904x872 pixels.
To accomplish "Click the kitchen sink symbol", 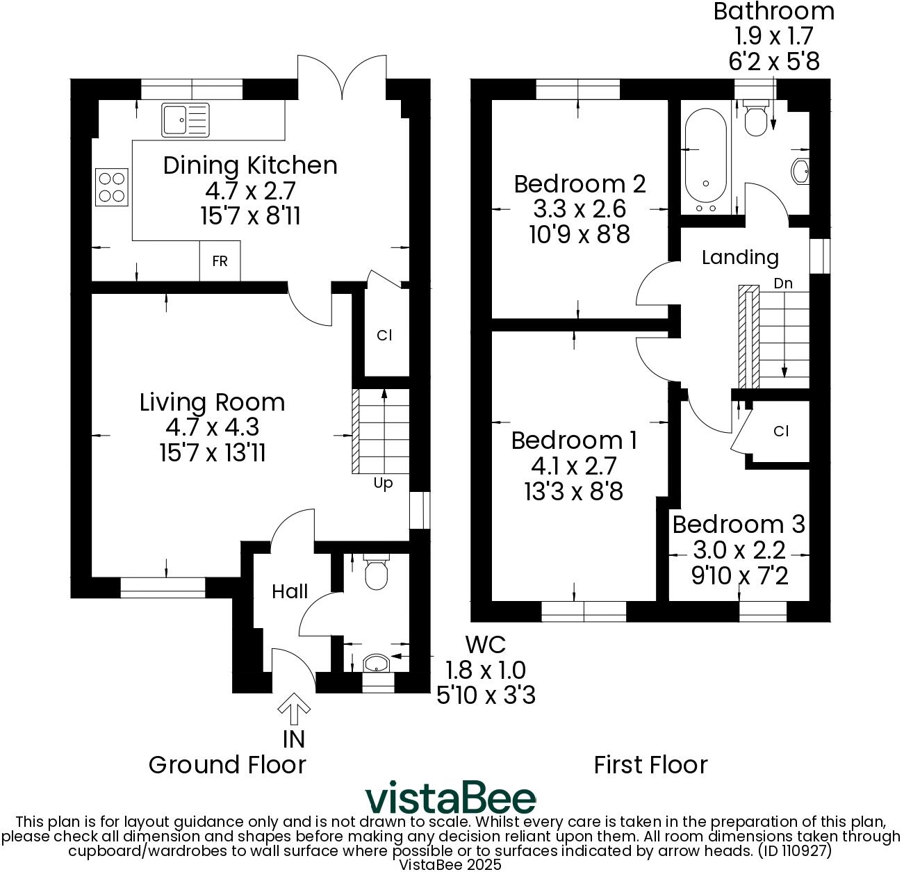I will tap(184, 120).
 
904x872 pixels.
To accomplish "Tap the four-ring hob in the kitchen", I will tap(111, 187).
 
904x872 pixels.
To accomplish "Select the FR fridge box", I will tap(220, 261).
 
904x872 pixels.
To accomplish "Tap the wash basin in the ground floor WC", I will tap(376, 663).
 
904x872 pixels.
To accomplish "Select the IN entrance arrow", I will tap(294, 708).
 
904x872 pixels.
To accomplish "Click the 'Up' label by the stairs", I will tap(383, 483).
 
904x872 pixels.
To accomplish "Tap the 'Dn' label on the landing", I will tap(783, 283).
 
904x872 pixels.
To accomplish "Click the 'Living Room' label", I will tap(212, 402).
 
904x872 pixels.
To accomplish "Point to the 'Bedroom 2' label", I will tap(580, 184).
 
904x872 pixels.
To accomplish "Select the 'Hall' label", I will tap(290, 591).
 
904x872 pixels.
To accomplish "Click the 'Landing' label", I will tap(739, 258).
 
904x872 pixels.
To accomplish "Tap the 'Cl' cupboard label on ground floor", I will tap(384, 335).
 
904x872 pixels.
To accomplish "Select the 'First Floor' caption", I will tap(650, 765).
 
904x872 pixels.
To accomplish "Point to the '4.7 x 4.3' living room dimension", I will tap(212, 427).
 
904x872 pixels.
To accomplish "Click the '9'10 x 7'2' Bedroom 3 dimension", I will tap(739, 575).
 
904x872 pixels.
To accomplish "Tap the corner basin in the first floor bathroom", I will tap(801, 171).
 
